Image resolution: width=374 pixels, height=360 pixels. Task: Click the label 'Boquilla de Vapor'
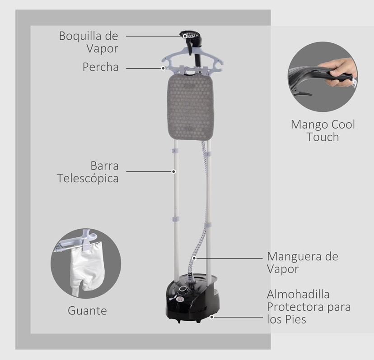[89, 42]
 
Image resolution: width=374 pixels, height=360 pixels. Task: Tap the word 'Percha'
[100, 67]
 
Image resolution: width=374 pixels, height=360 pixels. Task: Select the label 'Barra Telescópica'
[88, 171]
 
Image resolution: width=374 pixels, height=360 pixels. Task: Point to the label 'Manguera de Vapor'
[302, 263]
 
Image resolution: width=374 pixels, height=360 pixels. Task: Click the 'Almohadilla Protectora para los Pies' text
[309, 307]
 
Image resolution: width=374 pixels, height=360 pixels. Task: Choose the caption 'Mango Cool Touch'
[323, 130]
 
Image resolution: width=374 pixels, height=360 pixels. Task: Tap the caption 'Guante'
[87, 310]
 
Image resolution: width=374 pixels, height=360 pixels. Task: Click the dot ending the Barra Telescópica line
[174, 171]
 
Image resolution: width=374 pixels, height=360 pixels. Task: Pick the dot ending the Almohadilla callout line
[211, 317]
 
